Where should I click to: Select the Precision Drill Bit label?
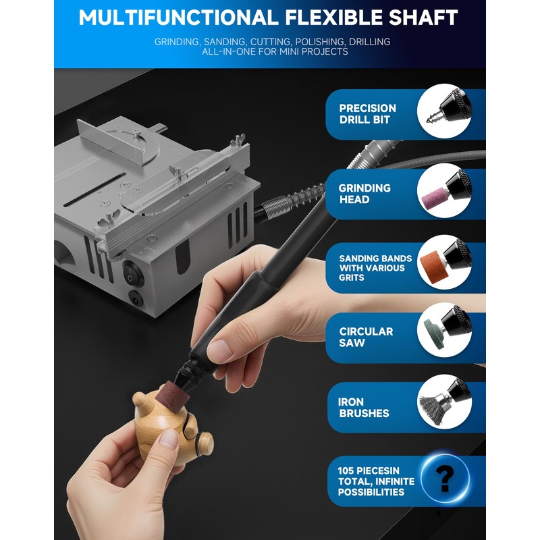(x=367, y=114)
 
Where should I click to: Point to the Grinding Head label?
(x=364, y=194)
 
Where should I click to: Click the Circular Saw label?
(x=365, y=337)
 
